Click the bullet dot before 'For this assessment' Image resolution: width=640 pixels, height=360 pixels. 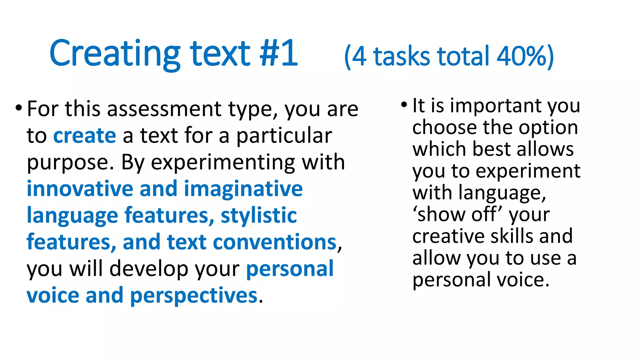(19, 108)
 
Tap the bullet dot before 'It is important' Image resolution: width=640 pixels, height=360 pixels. (404, 104)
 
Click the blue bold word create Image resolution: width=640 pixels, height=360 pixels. (85, 136)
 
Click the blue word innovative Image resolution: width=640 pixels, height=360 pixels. (80, 189)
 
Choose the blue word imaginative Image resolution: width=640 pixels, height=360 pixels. (243, 189)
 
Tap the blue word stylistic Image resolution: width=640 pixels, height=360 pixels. (259, 216)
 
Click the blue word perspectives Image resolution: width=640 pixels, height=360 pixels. (194, 296)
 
